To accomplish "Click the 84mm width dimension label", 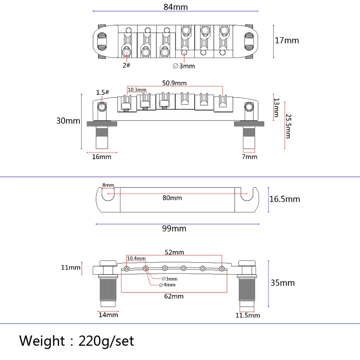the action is tap(176, 7).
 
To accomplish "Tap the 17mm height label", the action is tap(287, 40).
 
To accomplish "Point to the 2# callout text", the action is tap(126, 65).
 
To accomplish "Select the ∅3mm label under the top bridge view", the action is tap(184, 66).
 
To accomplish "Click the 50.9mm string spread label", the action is tap(175, 83).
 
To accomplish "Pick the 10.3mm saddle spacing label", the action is tap(137, 89).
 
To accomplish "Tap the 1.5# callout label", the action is tap(102, 92).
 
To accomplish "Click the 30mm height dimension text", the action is tap(68, 121).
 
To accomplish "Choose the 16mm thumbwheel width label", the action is tap(101, 157).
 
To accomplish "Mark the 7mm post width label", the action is tap(250, 157).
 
